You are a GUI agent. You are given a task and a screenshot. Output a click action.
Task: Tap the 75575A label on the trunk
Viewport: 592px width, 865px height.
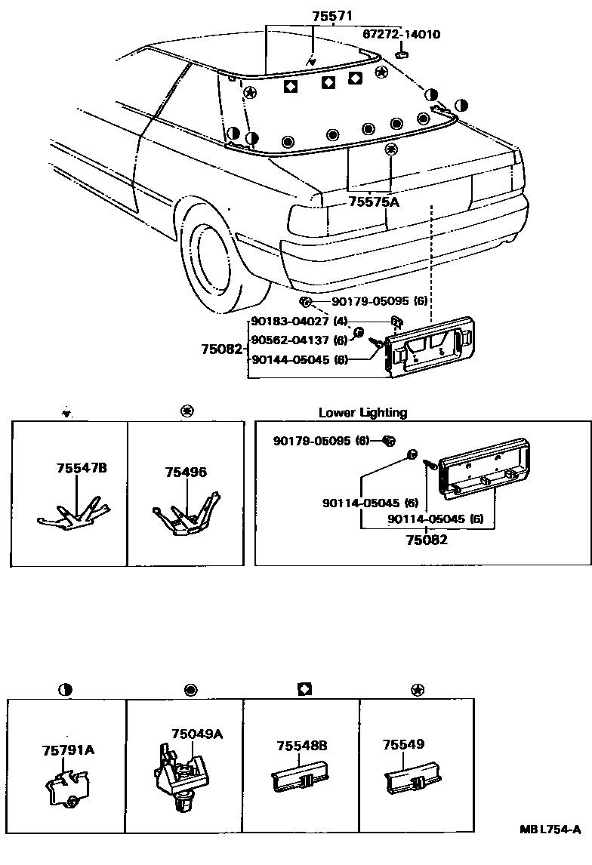click(x=374, y=202)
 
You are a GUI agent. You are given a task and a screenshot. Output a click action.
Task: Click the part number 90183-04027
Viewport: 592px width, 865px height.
click(x=291, y=321)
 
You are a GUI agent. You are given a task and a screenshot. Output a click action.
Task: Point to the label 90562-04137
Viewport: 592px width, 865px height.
click(x=291, y=340)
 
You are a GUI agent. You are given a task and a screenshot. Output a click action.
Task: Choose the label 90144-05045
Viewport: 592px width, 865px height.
click(x=291, y=359)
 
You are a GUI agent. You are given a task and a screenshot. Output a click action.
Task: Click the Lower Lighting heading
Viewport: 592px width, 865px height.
click(x=362, y=413)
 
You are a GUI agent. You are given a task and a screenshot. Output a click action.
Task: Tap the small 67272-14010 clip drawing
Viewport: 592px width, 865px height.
click(x=402, y=54)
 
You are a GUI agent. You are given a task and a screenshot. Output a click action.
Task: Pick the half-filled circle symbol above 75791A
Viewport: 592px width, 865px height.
click(x=66, y=688)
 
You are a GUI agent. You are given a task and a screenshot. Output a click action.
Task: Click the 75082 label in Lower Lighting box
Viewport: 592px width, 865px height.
click(x=427, y=539)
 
